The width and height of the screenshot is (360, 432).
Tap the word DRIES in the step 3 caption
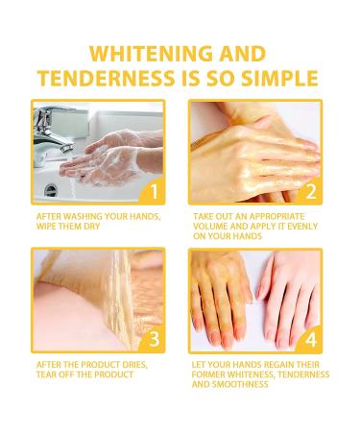(x=133, y=365)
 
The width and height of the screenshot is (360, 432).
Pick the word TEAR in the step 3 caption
(x=45, y=374)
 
